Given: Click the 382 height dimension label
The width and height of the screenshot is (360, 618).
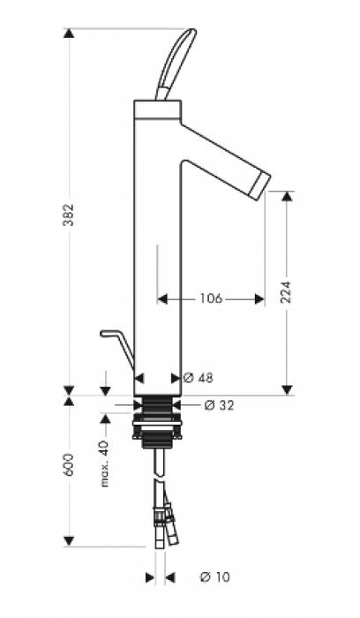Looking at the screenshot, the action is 69,215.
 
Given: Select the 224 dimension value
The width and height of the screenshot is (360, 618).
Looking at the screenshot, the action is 287,291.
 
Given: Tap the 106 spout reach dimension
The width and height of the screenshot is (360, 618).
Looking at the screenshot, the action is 211,298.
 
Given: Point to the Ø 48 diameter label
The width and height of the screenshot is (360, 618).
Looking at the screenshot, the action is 199,378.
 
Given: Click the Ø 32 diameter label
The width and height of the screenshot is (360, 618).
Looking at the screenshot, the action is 220,404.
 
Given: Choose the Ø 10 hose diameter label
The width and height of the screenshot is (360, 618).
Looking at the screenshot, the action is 215,577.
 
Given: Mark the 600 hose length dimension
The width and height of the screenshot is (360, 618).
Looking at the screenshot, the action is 69,464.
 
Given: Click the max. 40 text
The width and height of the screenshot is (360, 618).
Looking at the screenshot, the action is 105,463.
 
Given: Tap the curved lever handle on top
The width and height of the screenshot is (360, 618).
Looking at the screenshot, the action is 176,63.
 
